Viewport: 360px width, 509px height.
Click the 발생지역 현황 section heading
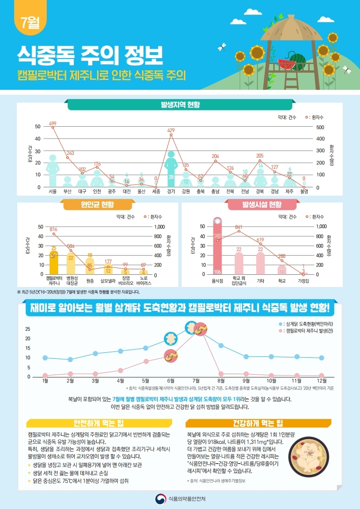coord(180,105)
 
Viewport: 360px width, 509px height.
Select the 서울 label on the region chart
coord(53,192)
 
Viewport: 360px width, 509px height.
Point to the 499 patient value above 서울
coord(53,124)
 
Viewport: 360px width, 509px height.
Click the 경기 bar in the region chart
coord(171,170)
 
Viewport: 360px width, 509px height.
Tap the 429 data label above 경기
coord(171,130)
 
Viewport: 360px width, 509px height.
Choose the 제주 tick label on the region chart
coord(289,192)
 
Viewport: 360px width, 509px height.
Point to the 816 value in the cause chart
coord(54,229)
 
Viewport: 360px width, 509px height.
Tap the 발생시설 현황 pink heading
coord(262,205)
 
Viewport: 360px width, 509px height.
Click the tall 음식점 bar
coord(217,247)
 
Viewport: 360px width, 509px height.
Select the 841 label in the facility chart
coord(239,227)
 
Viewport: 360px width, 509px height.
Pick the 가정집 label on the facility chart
coord(303,281)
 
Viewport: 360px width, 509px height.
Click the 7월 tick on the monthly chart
coord(196,380)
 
